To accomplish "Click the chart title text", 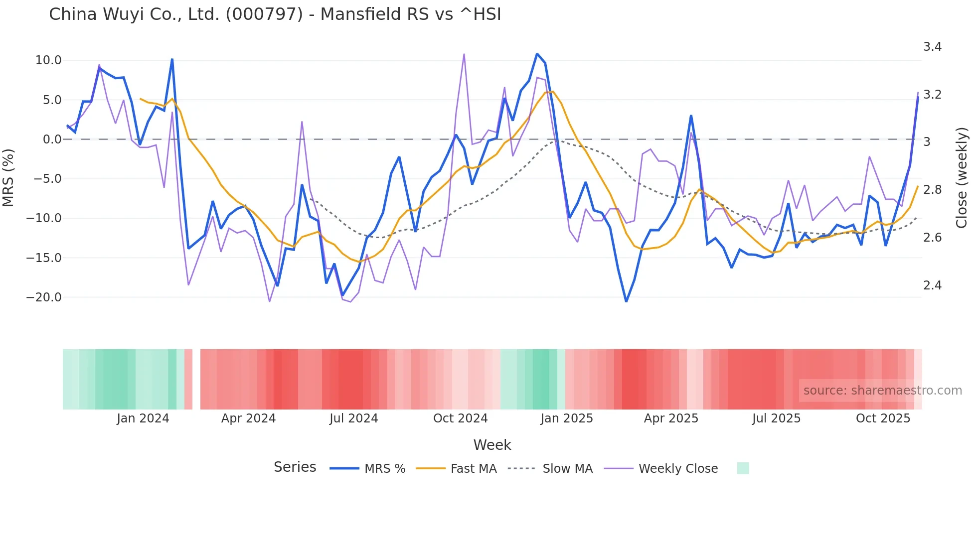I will pos(275,14).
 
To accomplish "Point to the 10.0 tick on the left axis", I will pos(48,60).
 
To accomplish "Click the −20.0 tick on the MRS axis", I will pos(44,297).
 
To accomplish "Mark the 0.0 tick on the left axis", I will pos(52,139).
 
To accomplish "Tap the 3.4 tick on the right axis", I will pos(932,47).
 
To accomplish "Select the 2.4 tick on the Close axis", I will pos(932,285).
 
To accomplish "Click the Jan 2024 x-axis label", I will pos(143,418).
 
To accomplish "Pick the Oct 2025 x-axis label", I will pos(883,418).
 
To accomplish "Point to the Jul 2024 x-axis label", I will pos(353,418).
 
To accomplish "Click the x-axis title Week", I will pos(492,445).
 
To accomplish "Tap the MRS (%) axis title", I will pos(8,177).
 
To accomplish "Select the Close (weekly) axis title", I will pos(962,177).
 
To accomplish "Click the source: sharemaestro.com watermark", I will pos(882,391).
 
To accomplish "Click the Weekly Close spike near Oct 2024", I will pos(464,54).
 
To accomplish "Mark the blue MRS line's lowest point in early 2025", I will pos(626,301).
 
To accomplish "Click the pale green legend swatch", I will pos(743,468).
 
